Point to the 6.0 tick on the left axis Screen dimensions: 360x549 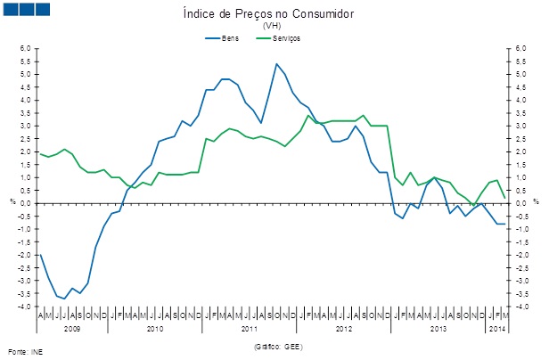[26, 48]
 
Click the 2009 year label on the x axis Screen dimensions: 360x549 [73, 329]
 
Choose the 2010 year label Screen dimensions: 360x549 [155, 329]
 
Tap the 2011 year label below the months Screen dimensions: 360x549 [250, 329]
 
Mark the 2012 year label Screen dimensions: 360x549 [344, 329]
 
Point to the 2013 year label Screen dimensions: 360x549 [438, 329]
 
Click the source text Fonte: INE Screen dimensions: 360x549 [24, 351]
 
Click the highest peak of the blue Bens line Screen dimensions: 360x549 [277, 64]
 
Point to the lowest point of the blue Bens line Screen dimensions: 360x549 [63, 299]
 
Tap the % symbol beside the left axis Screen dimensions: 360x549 [12, 201]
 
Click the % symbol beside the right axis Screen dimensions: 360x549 [535, 201]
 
